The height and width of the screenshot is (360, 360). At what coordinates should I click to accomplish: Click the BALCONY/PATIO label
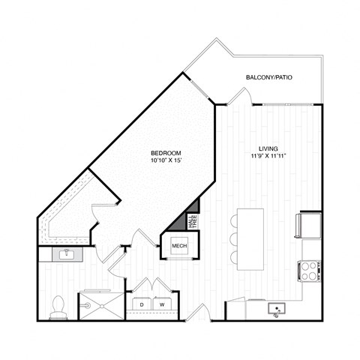(x=269, y=78)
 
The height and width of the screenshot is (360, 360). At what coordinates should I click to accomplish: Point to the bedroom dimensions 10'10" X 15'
(x=166, y=160)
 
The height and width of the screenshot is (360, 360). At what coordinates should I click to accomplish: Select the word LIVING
(x=269, y=148)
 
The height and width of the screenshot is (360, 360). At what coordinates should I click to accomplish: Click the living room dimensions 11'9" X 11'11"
(x=269, y=157)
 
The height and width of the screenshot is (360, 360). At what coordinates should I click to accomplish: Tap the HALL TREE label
(x=192, y=220)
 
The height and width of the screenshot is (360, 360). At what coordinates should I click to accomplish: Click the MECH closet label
(x=178, y=245)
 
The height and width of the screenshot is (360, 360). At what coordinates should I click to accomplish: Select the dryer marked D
(x=142, y=304)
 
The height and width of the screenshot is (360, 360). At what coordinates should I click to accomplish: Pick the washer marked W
(x=162, y=304)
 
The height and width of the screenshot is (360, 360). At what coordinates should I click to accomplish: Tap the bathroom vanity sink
(x=65, y=254)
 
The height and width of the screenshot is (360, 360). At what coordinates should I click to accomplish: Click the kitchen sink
(x=277, y=310)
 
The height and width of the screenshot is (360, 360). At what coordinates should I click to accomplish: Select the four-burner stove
(x=310, y=270)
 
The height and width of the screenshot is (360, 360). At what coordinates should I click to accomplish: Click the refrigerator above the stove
(x=310, y=224)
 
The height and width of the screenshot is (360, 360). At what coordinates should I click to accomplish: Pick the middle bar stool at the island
(x=233, y=238)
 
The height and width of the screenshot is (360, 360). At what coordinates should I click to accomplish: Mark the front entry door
(x=196, y=313)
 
